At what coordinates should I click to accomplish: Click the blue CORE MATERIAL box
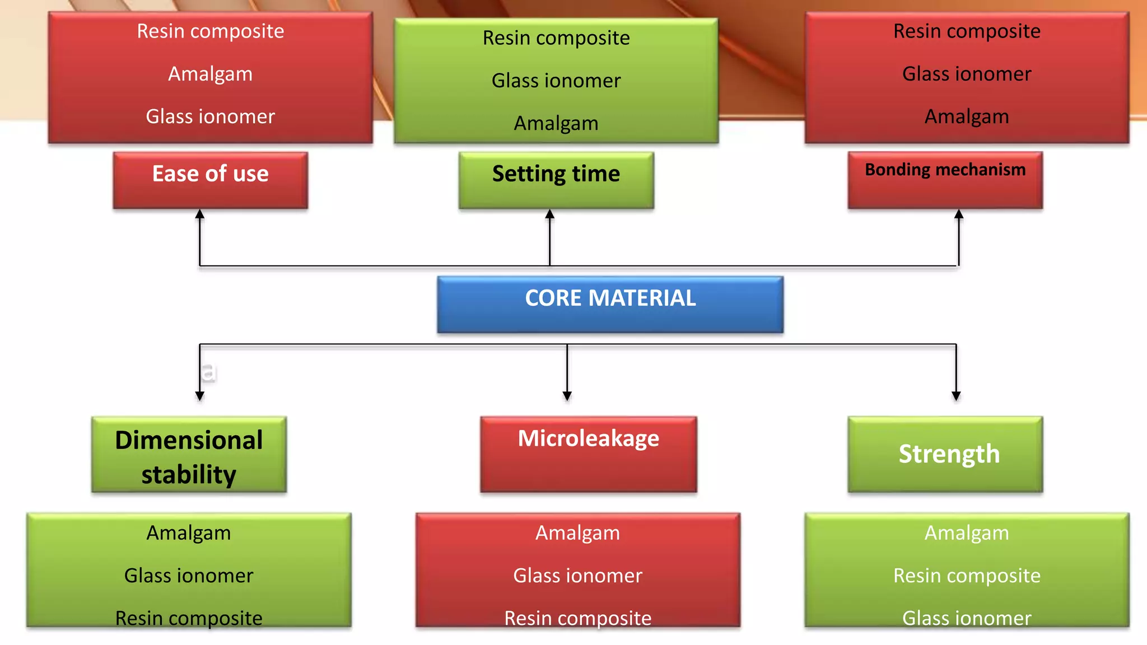tap(610, 304)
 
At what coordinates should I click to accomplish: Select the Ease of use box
tap(210, 180)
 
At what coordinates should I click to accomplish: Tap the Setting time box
tap(556, 180)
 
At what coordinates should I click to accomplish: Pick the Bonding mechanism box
tap(945, 180)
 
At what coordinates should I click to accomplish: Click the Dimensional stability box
tap(189, 455)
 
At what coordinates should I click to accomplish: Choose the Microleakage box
tap(588, 454)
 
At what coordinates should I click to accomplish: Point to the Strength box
tap(945, 454)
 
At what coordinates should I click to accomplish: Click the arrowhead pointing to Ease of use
tap(200, 214)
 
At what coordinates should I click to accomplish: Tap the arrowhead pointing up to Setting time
tap(550, 214)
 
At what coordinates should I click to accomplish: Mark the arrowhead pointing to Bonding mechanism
tap(959, 214)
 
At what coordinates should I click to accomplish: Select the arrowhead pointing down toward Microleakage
tap(567, 396)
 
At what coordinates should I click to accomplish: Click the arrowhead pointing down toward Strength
tap(956, 396)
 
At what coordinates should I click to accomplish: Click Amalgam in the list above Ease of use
tap(210, 74)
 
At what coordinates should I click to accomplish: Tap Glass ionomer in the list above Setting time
tap(556, 81)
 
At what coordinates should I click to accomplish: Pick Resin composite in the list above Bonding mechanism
tap(967, 31)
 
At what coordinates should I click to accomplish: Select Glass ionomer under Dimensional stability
tap(189, 576)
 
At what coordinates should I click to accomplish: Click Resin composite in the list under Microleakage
tap(577, 618)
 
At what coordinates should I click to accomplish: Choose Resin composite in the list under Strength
tap(967, 576)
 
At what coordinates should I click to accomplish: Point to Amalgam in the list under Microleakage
tap(577, 533)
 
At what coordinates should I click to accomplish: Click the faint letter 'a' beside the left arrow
tap(208, 372)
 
